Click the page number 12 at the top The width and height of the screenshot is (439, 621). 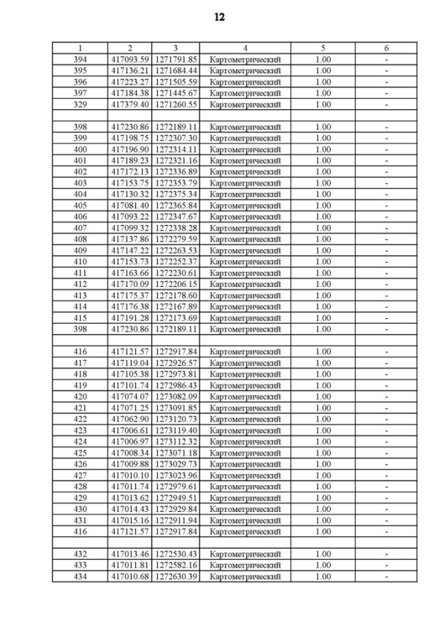[219, 17]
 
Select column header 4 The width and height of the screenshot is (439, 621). [245, 48]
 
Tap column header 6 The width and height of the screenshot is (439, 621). [386, 48]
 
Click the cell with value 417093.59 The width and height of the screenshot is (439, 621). [130, 60]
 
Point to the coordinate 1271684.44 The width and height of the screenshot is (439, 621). [176, 71]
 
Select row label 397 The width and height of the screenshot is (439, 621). [80, 93]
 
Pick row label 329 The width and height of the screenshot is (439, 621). [80, 104]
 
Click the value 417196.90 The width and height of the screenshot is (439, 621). [130, 150]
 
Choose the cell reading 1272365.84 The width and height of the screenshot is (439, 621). [176, 206]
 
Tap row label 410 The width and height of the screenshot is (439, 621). [80, 262]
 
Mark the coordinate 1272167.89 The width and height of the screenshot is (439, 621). [176, 307]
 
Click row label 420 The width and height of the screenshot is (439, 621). [80, 397]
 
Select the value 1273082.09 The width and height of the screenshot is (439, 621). [176, 397]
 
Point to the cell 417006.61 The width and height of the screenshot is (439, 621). [130, 430]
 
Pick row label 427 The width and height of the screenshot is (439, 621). [80, 476]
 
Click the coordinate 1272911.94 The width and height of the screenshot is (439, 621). [176, 520]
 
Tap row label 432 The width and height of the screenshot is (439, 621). [80, 554]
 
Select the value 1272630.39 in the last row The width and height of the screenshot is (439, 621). [176, 576]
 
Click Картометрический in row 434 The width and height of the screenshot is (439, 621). [245, 576]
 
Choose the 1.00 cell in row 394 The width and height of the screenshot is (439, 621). [323, 60]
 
